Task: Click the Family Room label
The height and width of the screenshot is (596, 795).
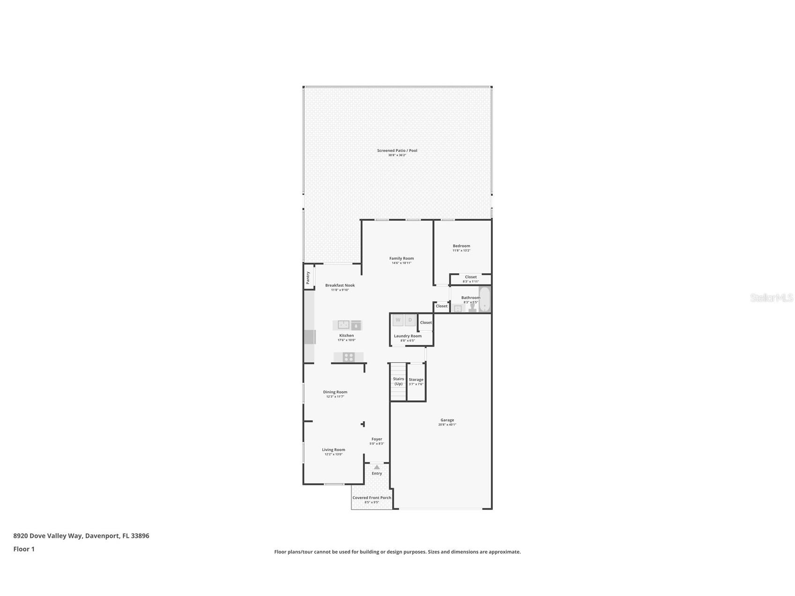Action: [x=401, y=258]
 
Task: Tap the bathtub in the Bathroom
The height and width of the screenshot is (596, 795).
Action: [x=484, y=299]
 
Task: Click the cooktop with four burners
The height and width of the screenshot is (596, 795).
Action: [x=348, y=357]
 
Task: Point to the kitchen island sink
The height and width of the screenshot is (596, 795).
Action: [x=344, y=325]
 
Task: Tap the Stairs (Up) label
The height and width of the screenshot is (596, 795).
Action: [x=398, y=381]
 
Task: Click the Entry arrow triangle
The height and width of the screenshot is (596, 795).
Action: [x=377, y=467]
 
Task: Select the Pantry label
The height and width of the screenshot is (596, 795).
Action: [x=308, y=277]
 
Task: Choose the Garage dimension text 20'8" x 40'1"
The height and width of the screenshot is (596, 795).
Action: [x=447, y=425]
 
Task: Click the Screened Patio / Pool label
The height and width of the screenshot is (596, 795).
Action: [x=397, y=150]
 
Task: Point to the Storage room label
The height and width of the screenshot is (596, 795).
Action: [x=416, y=380]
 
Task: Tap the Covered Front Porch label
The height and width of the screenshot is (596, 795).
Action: [x=371, y=498]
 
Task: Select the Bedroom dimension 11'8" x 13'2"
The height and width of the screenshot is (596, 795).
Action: [x=461, y=250]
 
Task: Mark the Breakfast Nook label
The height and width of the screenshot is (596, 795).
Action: [x=340, y=285]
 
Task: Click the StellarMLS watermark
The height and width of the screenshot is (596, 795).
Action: [x=772, y=298]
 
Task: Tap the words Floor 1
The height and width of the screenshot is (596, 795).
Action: [x=24, y=549]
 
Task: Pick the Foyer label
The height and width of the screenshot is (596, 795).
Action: [x=377, y=439]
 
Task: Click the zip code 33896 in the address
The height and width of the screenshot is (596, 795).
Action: [x=140, y=536]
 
